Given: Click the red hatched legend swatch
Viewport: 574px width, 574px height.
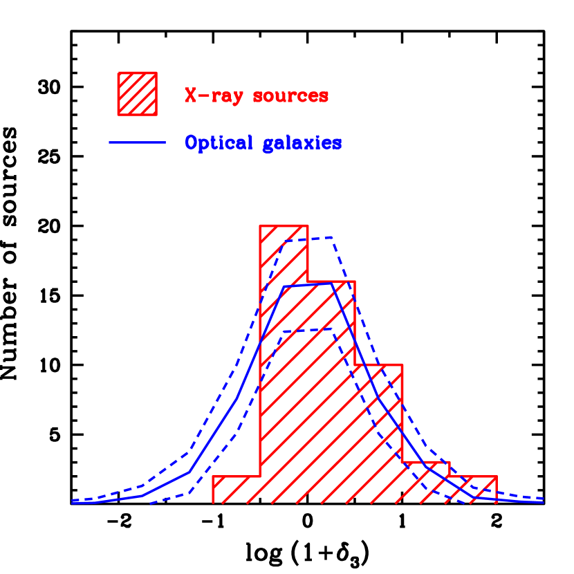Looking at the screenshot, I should [137, 93].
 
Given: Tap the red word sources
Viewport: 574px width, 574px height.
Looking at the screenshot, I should [290, 96].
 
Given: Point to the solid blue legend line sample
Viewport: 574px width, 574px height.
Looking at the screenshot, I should [137, 142].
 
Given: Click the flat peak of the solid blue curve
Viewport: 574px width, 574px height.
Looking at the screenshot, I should [308, 284].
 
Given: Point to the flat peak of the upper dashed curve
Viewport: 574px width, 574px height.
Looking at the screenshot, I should [308, 239].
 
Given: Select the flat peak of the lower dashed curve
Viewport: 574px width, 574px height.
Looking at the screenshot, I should [308, 330].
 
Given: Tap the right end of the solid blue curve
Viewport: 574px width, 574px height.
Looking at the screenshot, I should [544, 501].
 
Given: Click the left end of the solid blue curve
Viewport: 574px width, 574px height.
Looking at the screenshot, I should [73, 503].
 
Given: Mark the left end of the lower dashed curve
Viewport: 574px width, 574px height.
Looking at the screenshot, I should [150, 503].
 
